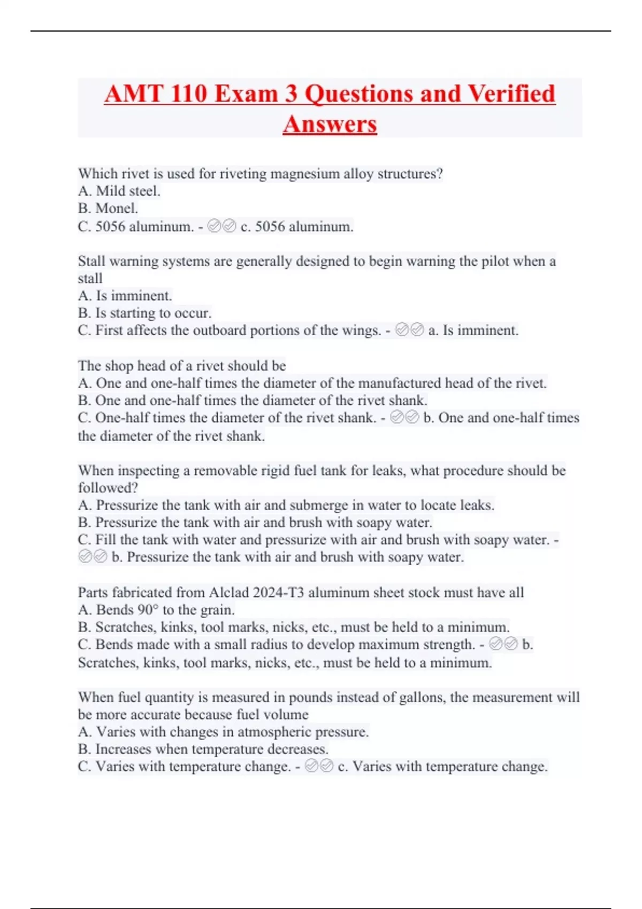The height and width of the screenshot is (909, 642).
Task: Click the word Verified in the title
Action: [511, 94]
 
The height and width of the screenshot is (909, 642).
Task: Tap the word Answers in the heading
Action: [330, 125]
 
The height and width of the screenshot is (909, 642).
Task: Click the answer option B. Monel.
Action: [108, 209]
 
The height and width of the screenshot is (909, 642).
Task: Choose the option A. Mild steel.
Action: [119, 191]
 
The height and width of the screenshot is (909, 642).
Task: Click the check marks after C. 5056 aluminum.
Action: [221, 227]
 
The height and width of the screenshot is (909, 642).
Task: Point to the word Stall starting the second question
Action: [91, 261]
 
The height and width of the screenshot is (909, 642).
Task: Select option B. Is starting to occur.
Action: [145, 313]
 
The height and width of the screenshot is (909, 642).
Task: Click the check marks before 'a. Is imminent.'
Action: [409, 330]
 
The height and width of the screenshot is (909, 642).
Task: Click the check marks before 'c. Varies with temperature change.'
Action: [319, 767]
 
